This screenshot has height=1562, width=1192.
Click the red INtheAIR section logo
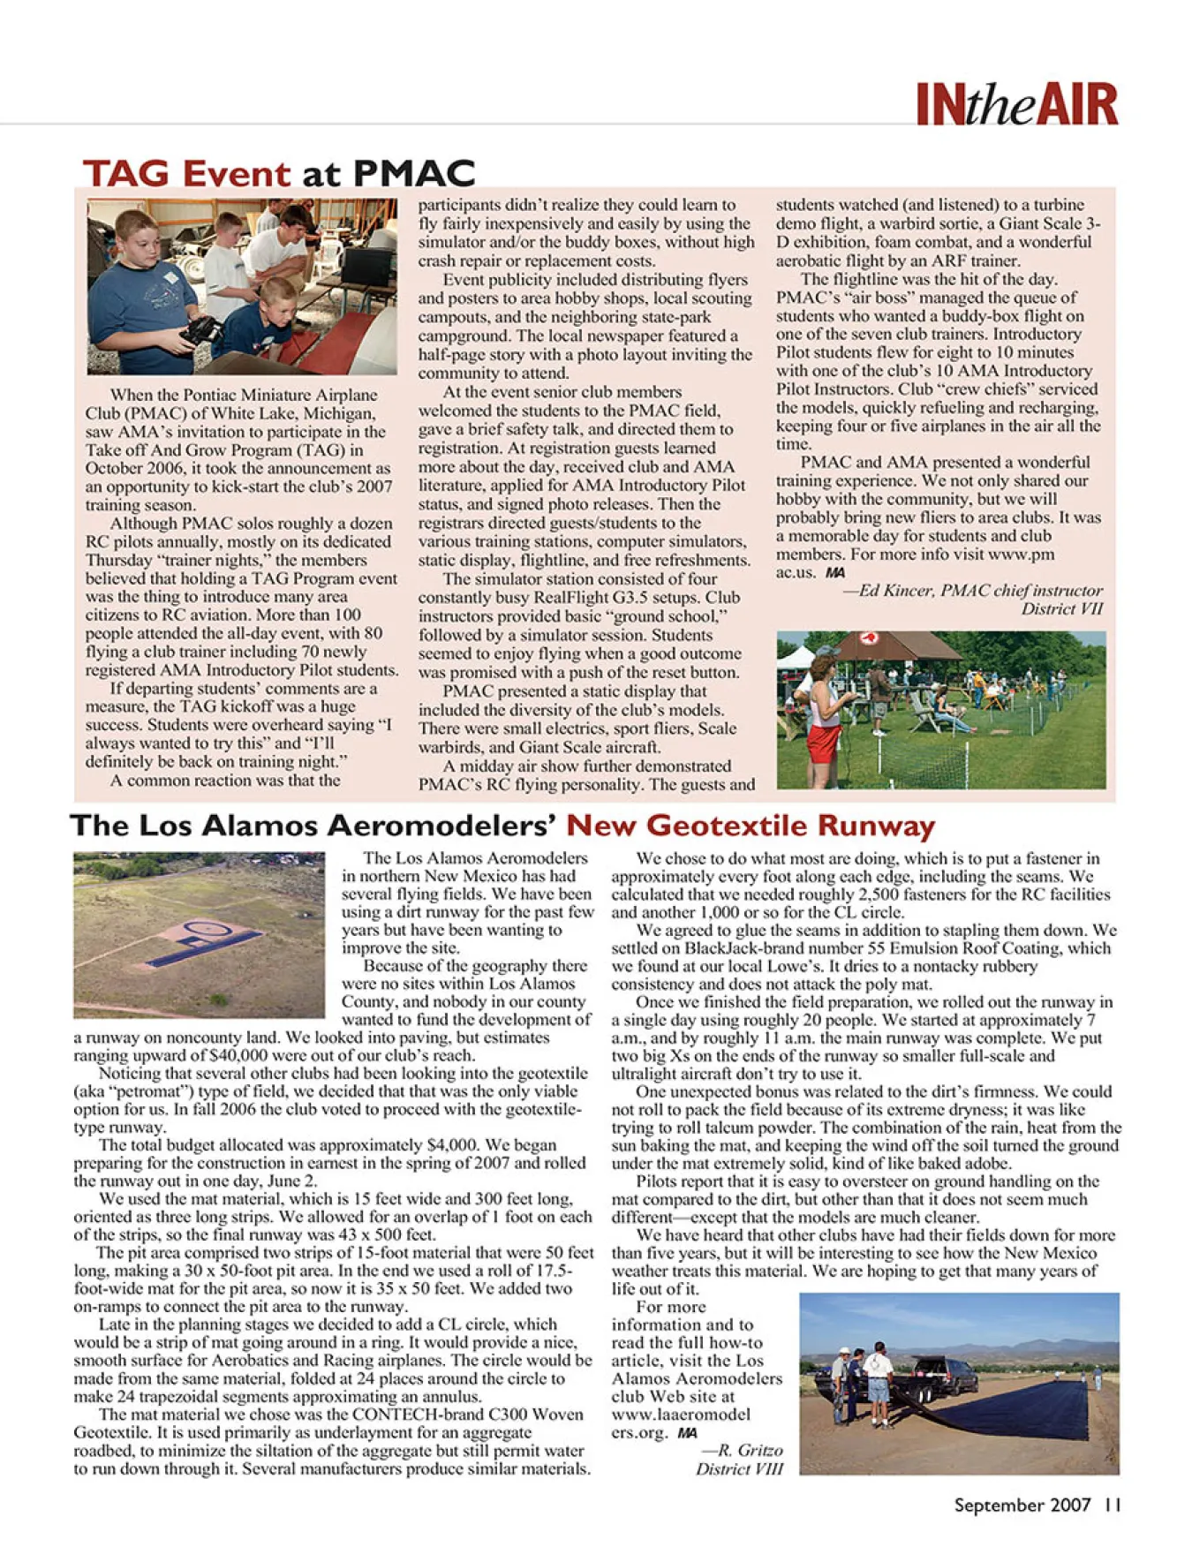point(1016,105)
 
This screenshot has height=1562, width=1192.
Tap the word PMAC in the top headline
point(414,173)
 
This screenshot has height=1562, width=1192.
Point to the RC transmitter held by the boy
point(200,331)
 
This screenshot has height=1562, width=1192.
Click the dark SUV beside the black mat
point(944,1374)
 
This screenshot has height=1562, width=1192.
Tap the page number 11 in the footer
point(1112,1505)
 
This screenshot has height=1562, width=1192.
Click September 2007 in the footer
point(1022,1505)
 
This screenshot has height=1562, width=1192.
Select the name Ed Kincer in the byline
point(895,591)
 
